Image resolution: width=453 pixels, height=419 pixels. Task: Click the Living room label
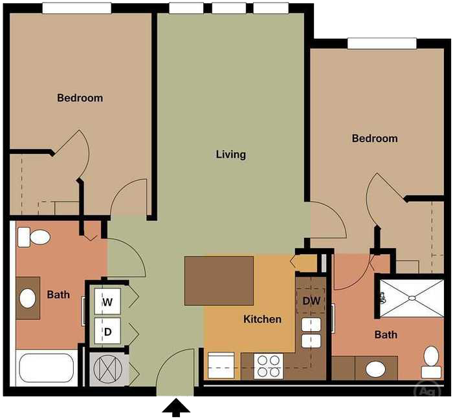coord(230,155)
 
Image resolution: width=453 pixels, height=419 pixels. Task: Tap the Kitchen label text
coord(262,319)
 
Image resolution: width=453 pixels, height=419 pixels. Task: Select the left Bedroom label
coord(80,98)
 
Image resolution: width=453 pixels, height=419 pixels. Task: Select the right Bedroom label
coord(374,138)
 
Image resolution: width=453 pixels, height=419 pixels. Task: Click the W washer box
coord(107,301)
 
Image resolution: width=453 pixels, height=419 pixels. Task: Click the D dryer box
coord(107,332)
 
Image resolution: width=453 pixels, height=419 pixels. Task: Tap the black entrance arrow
coord(175,407)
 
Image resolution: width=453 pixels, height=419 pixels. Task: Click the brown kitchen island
coord(219,281)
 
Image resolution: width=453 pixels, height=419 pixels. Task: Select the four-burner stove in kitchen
coord(268,366)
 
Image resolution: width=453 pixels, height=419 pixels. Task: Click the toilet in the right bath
coord(431,361)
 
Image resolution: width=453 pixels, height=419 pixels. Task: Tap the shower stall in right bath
coord(411,297)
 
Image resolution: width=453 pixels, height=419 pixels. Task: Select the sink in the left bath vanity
coord(28,298)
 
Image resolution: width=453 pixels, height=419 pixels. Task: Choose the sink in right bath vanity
coord(375,369)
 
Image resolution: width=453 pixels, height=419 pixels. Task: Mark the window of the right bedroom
coord(381,43)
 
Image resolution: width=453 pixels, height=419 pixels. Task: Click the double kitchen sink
coord(311,332)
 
